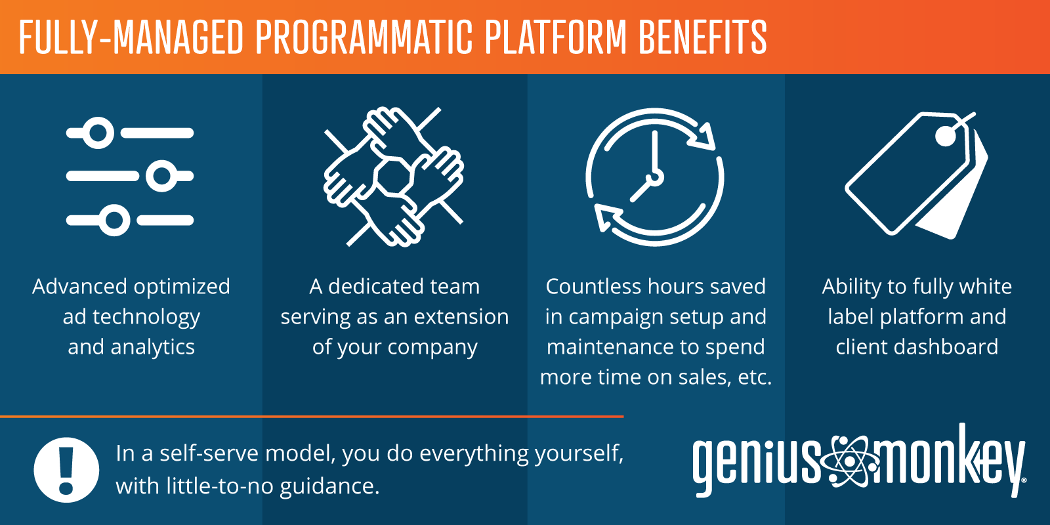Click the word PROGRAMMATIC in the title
click(x=364, y=37)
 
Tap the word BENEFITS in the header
click(x=702, y=37)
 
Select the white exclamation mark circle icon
click(x=66, y=470)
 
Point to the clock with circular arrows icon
click(x=654, y=177)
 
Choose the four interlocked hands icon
click(x=394, y=177)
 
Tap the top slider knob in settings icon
click(x=98, y=133)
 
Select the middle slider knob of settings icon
click(x=161, y=176)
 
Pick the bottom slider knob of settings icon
click(x=115, y=220)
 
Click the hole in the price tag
click(x=946, y=136)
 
